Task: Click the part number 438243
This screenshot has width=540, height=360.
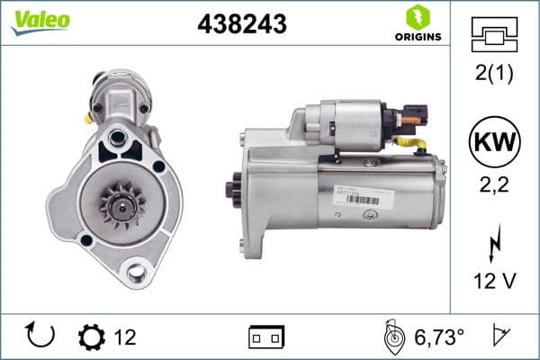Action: click(240, 24)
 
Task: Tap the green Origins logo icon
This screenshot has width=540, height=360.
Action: click(417, 16)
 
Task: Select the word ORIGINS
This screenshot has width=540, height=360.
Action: click(417, 36)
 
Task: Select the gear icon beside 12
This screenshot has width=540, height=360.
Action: click(91, 337)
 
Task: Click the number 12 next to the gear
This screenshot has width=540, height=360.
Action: click(124, 337)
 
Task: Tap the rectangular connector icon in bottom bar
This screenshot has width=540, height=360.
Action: click(266, 337)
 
